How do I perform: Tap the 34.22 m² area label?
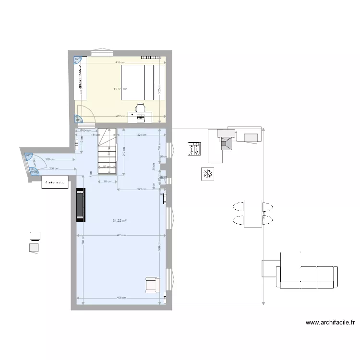tap(119, 221)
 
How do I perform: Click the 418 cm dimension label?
tap(120, 62)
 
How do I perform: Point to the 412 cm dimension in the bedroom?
tap(120, 116)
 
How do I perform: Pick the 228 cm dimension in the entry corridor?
tap(49, 159)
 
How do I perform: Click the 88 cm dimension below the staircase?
tap(108, 181)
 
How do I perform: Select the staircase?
tap(107, 151)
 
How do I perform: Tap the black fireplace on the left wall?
tap(80, 205)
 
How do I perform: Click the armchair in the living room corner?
tap(153, 285)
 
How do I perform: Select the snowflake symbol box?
tap(207, 173)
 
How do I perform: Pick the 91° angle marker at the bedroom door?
tap(77, 120)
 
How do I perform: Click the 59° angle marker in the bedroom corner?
tap(77, 60)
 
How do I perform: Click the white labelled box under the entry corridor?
tap(55, 182)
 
